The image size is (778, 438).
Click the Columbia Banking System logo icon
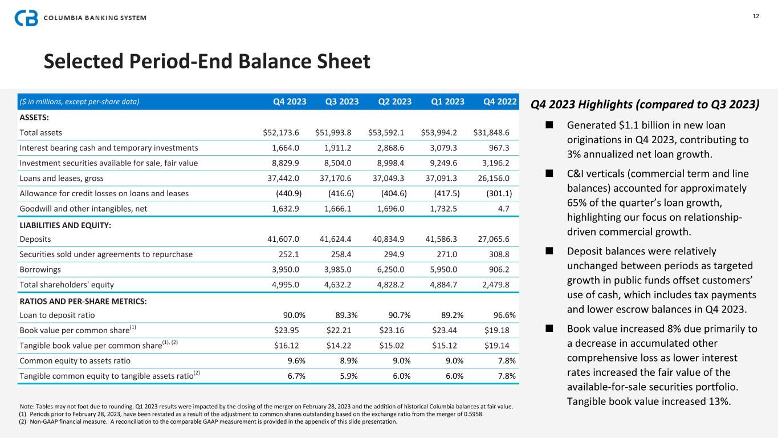[x=26, y=18]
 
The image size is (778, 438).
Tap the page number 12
[x=756, y=16]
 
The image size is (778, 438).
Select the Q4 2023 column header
[x=290, y=102]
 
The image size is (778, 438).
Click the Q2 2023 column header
[x=395, y=102]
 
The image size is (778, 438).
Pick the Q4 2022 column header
[x=500, y=102]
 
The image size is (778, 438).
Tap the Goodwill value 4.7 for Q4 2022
[x=504, y=209]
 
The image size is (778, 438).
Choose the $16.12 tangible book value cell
[x=288, y=346]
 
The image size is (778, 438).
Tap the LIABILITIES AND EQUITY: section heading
[x=65, y=225]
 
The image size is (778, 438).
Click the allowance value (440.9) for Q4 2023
[x=288, y=193]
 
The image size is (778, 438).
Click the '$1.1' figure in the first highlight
[x=623, y=125]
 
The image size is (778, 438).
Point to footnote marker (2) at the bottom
[x=23, y=423]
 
